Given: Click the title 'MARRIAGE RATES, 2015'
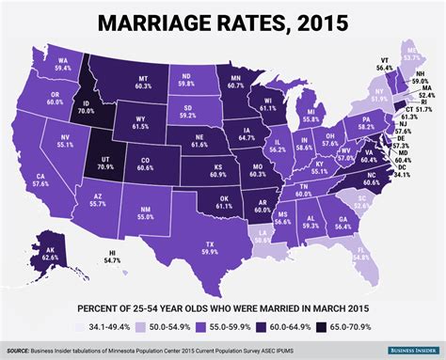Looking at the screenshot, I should pos(223,20).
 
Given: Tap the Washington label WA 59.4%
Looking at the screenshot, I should pos(64,64).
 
